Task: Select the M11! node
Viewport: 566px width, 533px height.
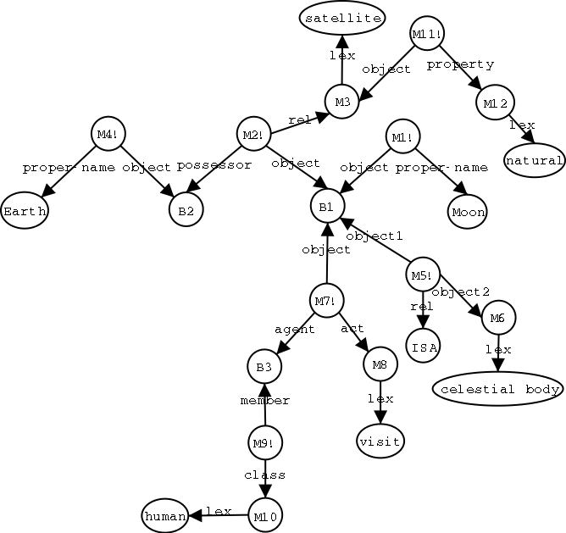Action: [x=427, y=35]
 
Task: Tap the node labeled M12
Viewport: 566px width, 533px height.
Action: [x=495, y=103]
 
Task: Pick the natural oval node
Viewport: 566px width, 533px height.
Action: [x=535, y=160]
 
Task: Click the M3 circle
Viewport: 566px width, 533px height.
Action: [x=342, y=103]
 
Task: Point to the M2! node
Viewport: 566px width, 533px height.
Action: [x=252, y=136]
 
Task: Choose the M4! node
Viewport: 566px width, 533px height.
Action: [x=107, y=134]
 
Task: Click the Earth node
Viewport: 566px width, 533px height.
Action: [x=24, y=211]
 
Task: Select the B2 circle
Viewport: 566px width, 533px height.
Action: [x=186, y=211]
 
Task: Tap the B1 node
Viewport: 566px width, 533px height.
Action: [x=326, y=206]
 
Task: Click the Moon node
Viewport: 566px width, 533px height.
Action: [x=468, y=212]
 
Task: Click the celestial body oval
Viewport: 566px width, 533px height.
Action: [x=497, y=389]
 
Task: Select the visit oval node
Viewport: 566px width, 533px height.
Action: [x=380, y=441]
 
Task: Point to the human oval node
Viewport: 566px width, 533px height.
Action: [x=164, y=515]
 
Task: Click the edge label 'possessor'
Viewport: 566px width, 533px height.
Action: [x=214, y=165]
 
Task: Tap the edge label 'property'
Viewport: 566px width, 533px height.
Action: [x=460, y=64]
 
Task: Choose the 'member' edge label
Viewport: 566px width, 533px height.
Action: [x=265, y=401]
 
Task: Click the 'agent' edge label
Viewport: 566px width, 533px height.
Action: [x=295, y=330]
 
